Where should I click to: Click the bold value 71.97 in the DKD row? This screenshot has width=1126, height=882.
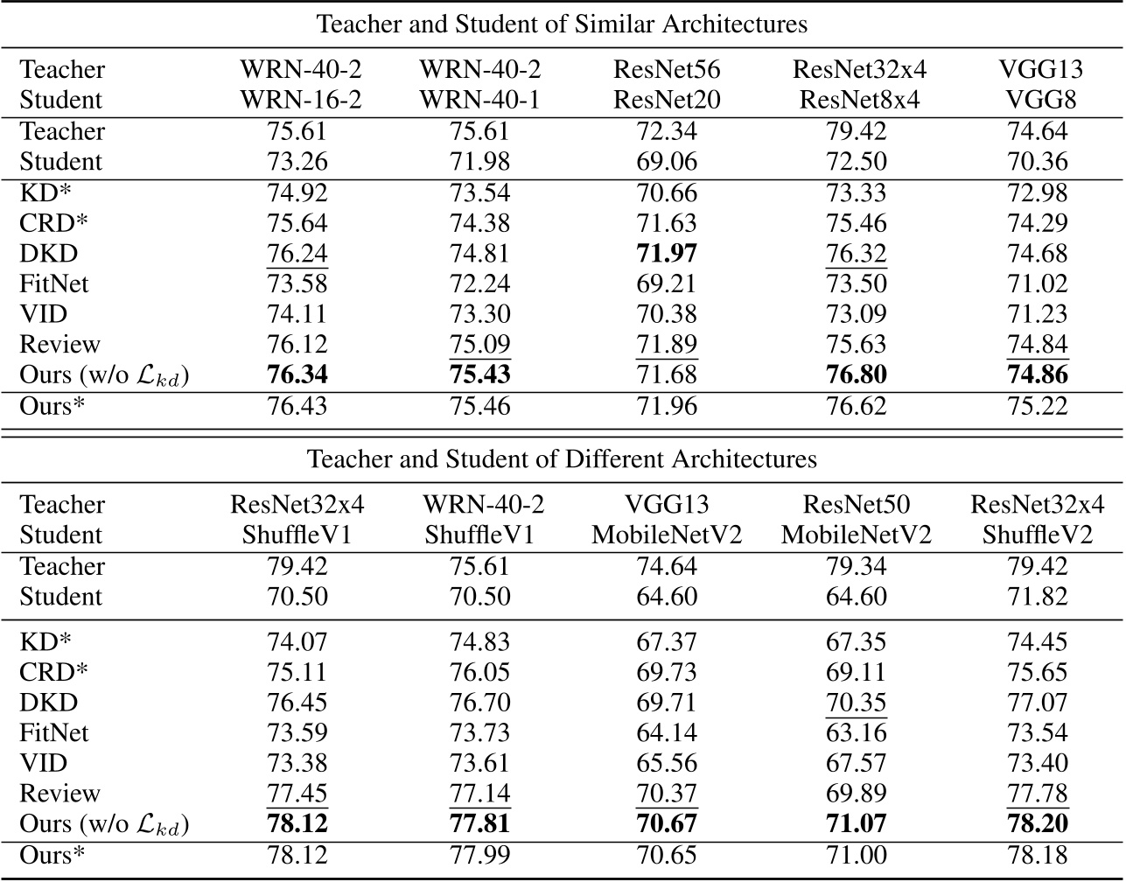point(667,254)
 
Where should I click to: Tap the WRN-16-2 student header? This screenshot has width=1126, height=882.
point(301,100)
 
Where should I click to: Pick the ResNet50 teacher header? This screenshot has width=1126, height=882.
point(856,505)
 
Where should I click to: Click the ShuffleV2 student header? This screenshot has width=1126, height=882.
point(1037,535)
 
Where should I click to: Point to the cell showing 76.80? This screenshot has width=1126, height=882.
point(856,375)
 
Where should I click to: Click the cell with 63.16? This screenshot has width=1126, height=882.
point(856,732)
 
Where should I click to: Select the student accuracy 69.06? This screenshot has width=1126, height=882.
point(667,162)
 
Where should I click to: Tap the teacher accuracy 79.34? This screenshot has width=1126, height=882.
point(856,566)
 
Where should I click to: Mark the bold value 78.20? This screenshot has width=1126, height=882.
point(1037,824)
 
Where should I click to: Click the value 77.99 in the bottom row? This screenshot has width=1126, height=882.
point(479,855)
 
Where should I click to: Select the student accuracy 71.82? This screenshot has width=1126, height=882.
point(1037,597)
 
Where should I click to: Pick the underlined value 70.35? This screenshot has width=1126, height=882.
point(856,703)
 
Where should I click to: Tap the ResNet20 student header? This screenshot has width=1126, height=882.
point(667,100)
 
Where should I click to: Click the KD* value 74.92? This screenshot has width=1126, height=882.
point(297,192)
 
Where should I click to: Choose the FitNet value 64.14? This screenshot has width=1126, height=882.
point(667,732)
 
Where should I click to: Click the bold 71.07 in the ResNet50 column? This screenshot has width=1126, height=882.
point(856,824)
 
